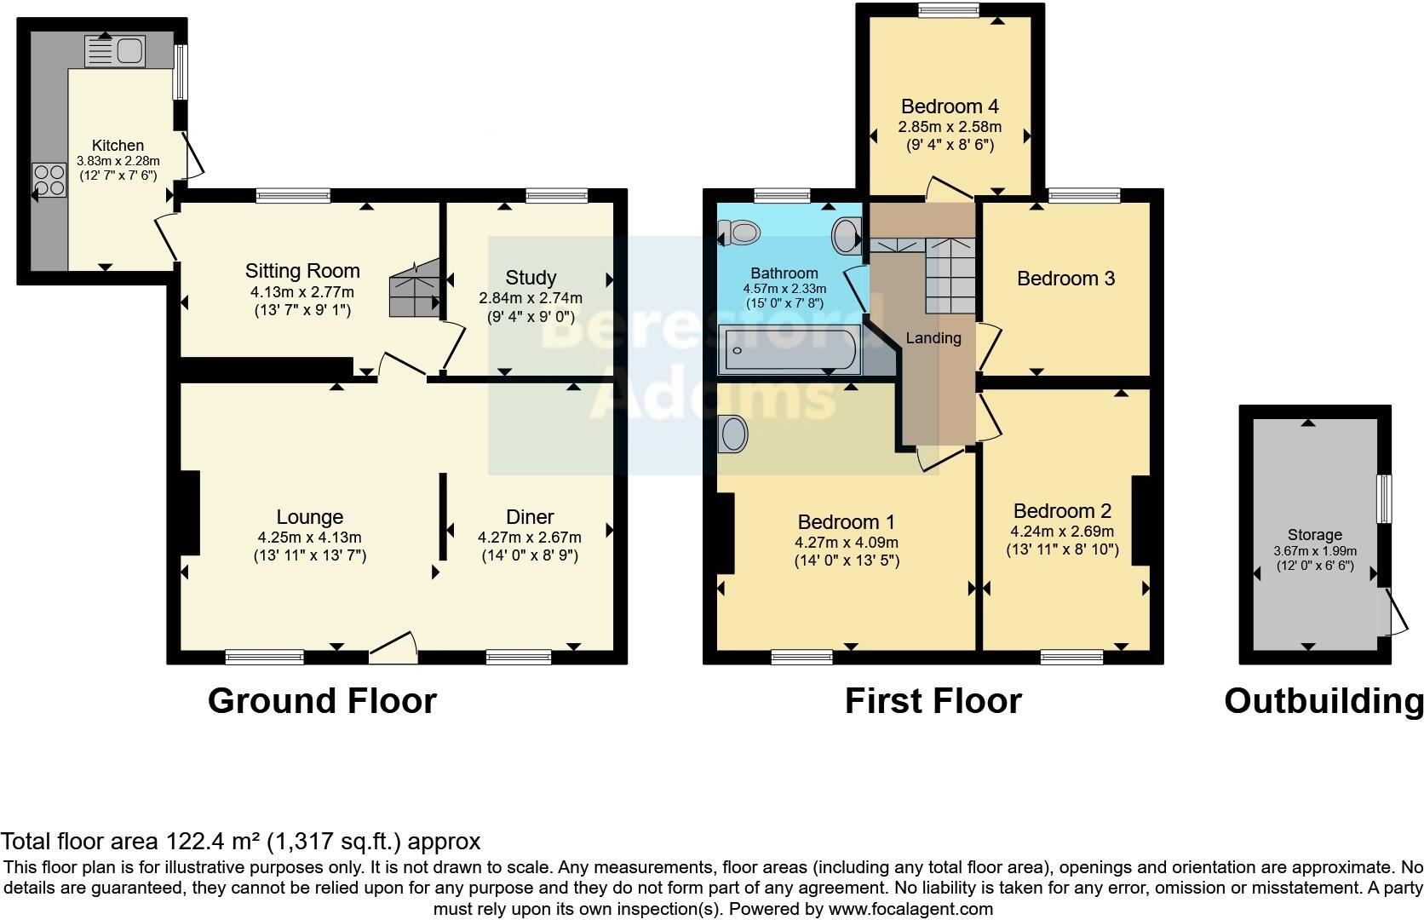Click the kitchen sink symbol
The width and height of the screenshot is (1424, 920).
click(x=116, y=51)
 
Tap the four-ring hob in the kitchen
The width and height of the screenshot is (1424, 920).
click(x=49, y=180)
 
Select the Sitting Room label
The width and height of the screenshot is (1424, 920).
click(x=302, y=271)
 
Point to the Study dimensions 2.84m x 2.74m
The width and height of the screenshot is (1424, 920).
click(x=531, y=298)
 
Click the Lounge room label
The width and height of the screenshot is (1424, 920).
click(x=309, y=517)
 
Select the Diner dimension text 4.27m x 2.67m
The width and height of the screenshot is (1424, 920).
click(x=530, y=538)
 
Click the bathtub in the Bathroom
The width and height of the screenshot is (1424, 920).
click(x=788, y=350)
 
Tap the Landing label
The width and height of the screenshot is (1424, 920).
click(x=933, y=338)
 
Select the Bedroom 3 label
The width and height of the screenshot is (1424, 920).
click(x=1065, y=279)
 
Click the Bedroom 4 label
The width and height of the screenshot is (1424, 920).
click(x=950, y=106)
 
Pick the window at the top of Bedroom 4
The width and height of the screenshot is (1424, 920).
click(x=949, y=10)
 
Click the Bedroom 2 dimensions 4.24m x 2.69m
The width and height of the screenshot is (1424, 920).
click(x=1062, y=532)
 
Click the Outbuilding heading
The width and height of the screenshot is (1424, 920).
click(x=1323, y=701)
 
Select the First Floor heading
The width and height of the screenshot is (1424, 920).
click(x=933, y=701)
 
